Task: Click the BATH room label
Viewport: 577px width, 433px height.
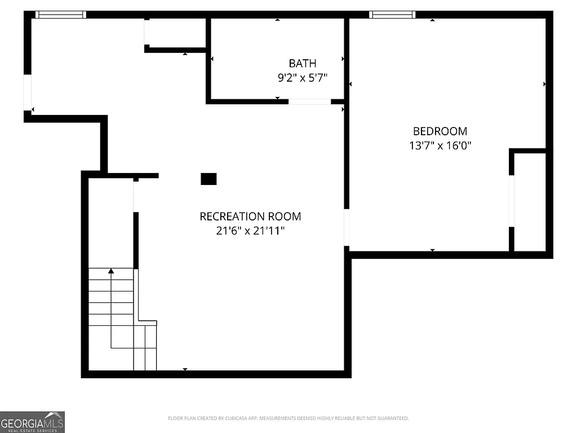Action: coord(303,63)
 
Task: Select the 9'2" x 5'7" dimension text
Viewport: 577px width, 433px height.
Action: coord(303,78)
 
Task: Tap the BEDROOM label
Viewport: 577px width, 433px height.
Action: coord(440,131)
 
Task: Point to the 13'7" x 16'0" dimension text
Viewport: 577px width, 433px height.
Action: coord(440,146)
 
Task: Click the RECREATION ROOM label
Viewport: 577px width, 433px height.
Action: coord(250,216)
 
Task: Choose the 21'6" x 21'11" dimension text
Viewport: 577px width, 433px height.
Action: coord(250,231)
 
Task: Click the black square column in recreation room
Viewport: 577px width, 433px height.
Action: coord(208,179)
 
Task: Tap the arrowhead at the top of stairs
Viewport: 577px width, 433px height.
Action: coord(111,271)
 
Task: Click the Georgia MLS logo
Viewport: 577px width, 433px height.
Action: coord(32,422)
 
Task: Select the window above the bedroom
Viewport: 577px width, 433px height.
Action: coord(392,15)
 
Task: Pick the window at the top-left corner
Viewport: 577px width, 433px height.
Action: coord(60,15)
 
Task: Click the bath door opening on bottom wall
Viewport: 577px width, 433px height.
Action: coord(309,101)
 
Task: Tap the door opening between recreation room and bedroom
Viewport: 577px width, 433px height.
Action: coord(347,227)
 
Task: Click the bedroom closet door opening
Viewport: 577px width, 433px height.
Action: coord(512,201)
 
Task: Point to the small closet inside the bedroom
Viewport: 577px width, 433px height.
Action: coord(530,201)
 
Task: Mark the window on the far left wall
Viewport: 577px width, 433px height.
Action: coord(27,93)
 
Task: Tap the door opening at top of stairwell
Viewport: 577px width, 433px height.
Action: coord(135,196)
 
